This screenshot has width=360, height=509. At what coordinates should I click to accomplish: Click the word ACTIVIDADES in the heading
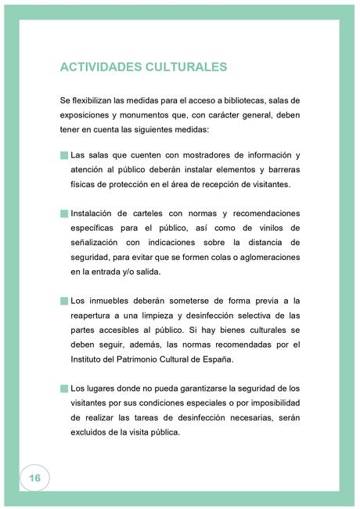[x=100, y=67]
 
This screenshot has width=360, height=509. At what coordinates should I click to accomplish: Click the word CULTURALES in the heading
[x=185, y=67]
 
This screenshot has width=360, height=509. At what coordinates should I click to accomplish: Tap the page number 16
[x=34, y=478]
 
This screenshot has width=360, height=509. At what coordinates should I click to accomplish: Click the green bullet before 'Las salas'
[x=63, y=155]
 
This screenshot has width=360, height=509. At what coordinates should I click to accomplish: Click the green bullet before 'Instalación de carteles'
[x=63, y=213]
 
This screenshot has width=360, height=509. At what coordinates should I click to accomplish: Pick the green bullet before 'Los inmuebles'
[x=63, y=301]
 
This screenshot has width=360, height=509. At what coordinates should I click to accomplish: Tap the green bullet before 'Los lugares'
[x=63, y=388]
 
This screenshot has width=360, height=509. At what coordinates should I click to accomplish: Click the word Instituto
[x=88, y=359]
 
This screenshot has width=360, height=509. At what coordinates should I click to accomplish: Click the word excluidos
[x=93, y=432]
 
